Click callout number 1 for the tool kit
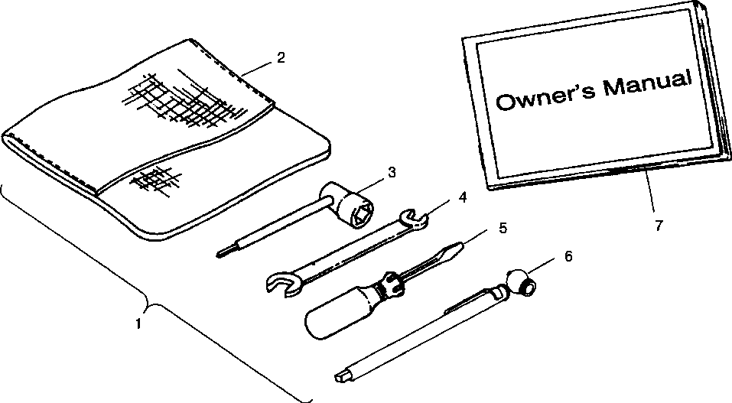138,323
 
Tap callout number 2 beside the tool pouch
281,57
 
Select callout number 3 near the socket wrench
392,173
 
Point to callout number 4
462,197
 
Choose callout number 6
568,255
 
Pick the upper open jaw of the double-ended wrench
416,220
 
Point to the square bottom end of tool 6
341,375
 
